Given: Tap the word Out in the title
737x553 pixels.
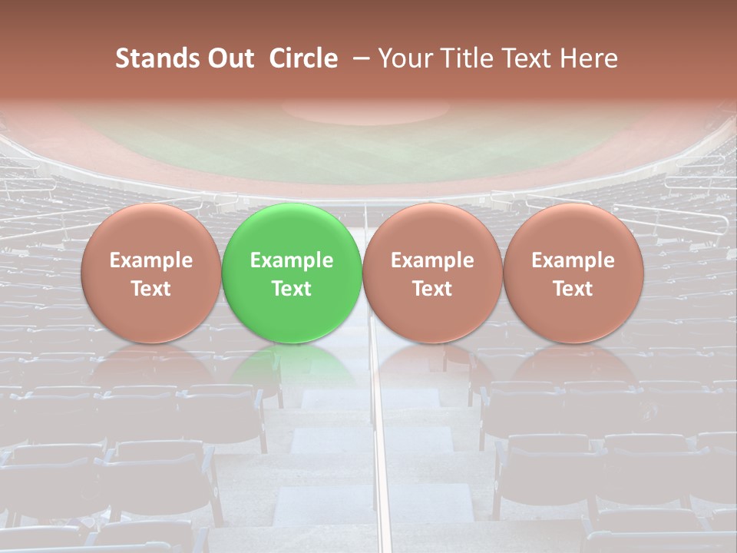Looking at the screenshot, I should (x=228, y=58).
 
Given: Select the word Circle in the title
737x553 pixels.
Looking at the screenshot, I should (x=303, y=58).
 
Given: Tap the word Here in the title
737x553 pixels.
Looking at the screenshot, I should (x=590, y=58).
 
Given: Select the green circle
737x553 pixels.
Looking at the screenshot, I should (x=292, y=273).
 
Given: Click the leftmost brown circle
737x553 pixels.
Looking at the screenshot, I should (x=150, y=273).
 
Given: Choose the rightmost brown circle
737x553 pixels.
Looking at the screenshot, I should (x=573, y=273).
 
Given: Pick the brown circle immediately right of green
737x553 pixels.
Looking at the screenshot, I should (x=432, y=273).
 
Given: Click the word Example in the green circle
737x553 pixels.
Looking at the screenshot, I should (x=292, y=260).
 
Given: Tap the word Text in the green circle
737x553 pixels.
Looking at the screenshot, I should (x=292, y=289).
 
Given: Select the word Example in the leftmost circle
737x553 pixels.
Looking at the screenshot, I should (x=150, y=260).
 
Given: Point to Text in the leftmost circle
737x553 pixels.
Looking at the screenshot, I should (x=150, y=289).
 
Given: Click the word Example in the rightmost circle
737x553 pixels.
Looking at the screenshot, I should (x=573, y=260).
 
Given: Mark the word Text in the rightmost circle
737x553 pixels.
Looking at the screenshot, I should (x=573, y=289).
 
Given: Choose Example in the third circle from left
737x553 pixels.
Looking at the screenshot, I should (x=432, y=260).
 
